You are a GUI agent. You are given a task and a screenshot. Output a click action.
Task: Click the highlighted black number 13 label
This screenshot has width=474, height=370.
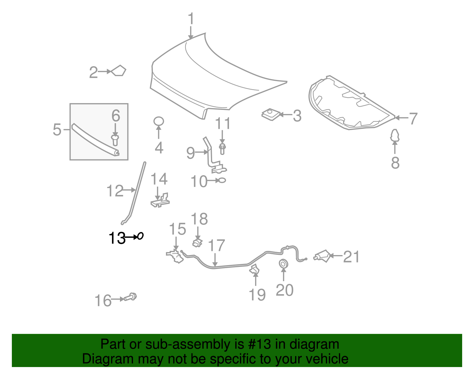click(117, 238)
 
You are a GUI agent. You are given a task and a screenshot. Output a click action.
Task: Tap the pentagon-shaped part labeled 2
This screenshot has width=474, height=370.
click(118, 71)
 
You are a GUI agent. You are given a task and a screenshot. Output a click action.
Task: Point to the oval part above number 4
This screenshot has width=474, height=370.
click(158, 121)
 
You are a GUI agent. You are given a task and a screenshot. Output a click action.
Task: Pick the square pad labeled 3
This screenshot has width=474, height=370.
click(271, 114)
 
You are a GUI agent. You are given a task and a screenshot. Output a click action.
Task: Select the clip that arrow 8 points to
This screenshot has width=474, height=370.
click(395, 135)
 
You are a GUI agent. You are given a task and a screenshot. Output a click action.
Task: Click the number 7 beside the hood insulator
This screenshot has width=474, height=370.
click(413, 118)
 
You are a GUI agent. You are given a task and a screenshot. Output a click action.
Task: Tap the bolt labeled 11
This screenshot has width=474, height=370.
click(222, 149)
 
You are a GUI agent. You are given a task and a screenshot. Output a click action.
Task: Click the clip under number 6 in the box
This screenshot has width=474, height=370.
click(115, 140)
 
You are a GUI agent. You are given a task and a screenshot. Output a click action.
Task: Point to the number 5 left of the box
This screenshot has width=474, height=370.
click(57, 129)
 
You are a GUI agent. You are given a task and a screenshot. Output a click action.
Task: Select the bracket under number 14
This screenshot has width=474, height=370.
click(160, 200)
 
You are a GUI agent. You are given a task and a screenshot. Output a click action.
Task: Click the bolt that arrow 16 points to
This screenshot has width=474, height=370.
click(130, 297)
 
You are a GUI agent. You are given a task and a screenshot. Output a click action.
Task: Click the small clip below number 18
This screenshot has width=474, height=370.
click(197, 243)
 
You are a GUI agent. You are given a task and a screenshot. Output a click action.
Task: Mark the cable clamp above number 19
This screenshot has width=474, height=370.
click(254, 270)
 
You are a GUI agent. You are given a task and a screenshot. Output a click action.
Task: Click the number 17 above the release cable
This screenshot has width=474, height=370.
click(216, 245)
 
